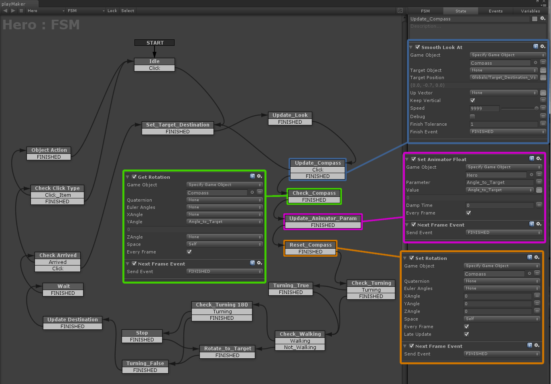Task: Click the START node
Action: [x=155, y=43]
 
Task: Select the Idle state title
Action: [x=155, y=61]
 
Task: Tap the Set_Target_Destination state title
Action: [x=178, y=125]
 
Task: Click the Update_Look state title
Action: [x=290, y=115]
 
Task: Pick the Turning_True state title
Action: [x=291, y=285]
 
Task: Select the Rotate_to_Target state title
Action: [x=227, y=348]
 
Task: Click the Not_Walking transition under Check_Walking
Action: [x=300, y=347]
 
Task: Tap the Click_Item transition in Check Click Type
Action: [x=57, y=195]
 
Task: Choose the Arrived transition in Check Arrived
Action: [x=57, y=262]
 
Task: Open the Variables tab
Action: [x=531, y=11]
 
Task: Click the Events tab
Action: [x=495, y=11]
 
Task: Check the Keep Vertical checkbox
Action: [x=472, y=100]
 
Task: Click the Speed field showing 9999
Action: [x=484, y=108]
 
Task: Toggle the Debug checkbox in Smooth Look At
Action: [x=472, y=116]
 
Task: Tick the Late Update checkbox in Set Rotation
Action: [x=466, y=334]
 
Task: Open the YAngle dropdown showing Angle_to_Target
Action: [x=224, y=222]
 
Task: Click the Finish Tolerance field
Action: [x=503, y=124]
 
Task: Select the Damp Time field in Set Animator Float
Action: [x=499, y=205]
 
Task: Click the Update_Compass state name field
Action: [x=470, y=19]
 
